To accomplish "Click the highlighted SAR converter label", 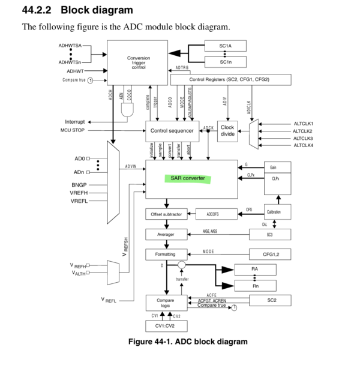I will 188,179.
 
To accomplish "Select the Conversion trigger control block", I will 138,62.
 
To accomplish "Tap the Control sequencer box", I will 172,130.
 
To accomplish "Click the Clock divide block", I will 227,130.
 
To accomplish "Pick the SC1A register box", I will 226,46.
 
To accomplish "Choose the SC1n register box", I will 226,62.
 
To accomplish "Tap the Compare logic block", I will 165,303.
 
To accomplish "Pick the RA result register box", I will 255,270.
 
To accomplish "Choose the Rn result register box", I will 255,286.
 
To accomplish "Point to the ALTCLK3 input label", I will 303,138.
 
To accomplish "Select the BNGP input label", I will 79,186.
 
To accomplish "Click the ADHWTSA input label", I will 70,46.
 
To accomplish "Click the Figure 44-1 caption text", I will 188,342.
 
